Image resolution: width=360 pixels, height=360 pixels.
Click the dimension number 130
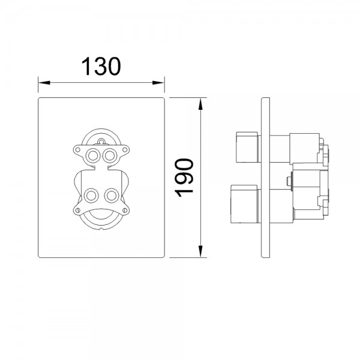[x=101, y=66]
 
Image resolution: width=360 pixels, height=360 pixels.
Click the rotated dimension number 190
[x=184, y=178]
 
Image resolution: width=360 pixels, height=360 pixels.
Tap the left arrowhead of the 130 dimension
[x=44, y=82]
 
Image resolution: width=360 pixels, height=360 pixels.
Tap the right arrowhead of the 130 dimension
[x=158, y=82]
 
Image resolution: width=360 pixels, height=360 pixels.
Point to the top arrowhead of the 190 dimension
[x=200, y=104]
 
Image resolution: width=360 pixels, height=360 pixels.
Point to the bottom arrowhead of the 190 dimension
[x=200, y=251]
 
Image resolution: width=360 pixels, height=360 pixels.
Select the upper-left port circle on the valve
[x=93, y=155]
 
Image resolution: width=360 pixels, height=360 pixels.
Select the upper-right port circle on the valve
[x=110, y=155]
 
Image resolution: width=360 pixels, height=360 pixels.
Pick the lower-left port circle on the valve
[x=91, y=196]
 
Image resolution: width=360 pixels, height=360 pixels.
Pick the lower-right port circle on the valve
[x=112, y=196]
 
